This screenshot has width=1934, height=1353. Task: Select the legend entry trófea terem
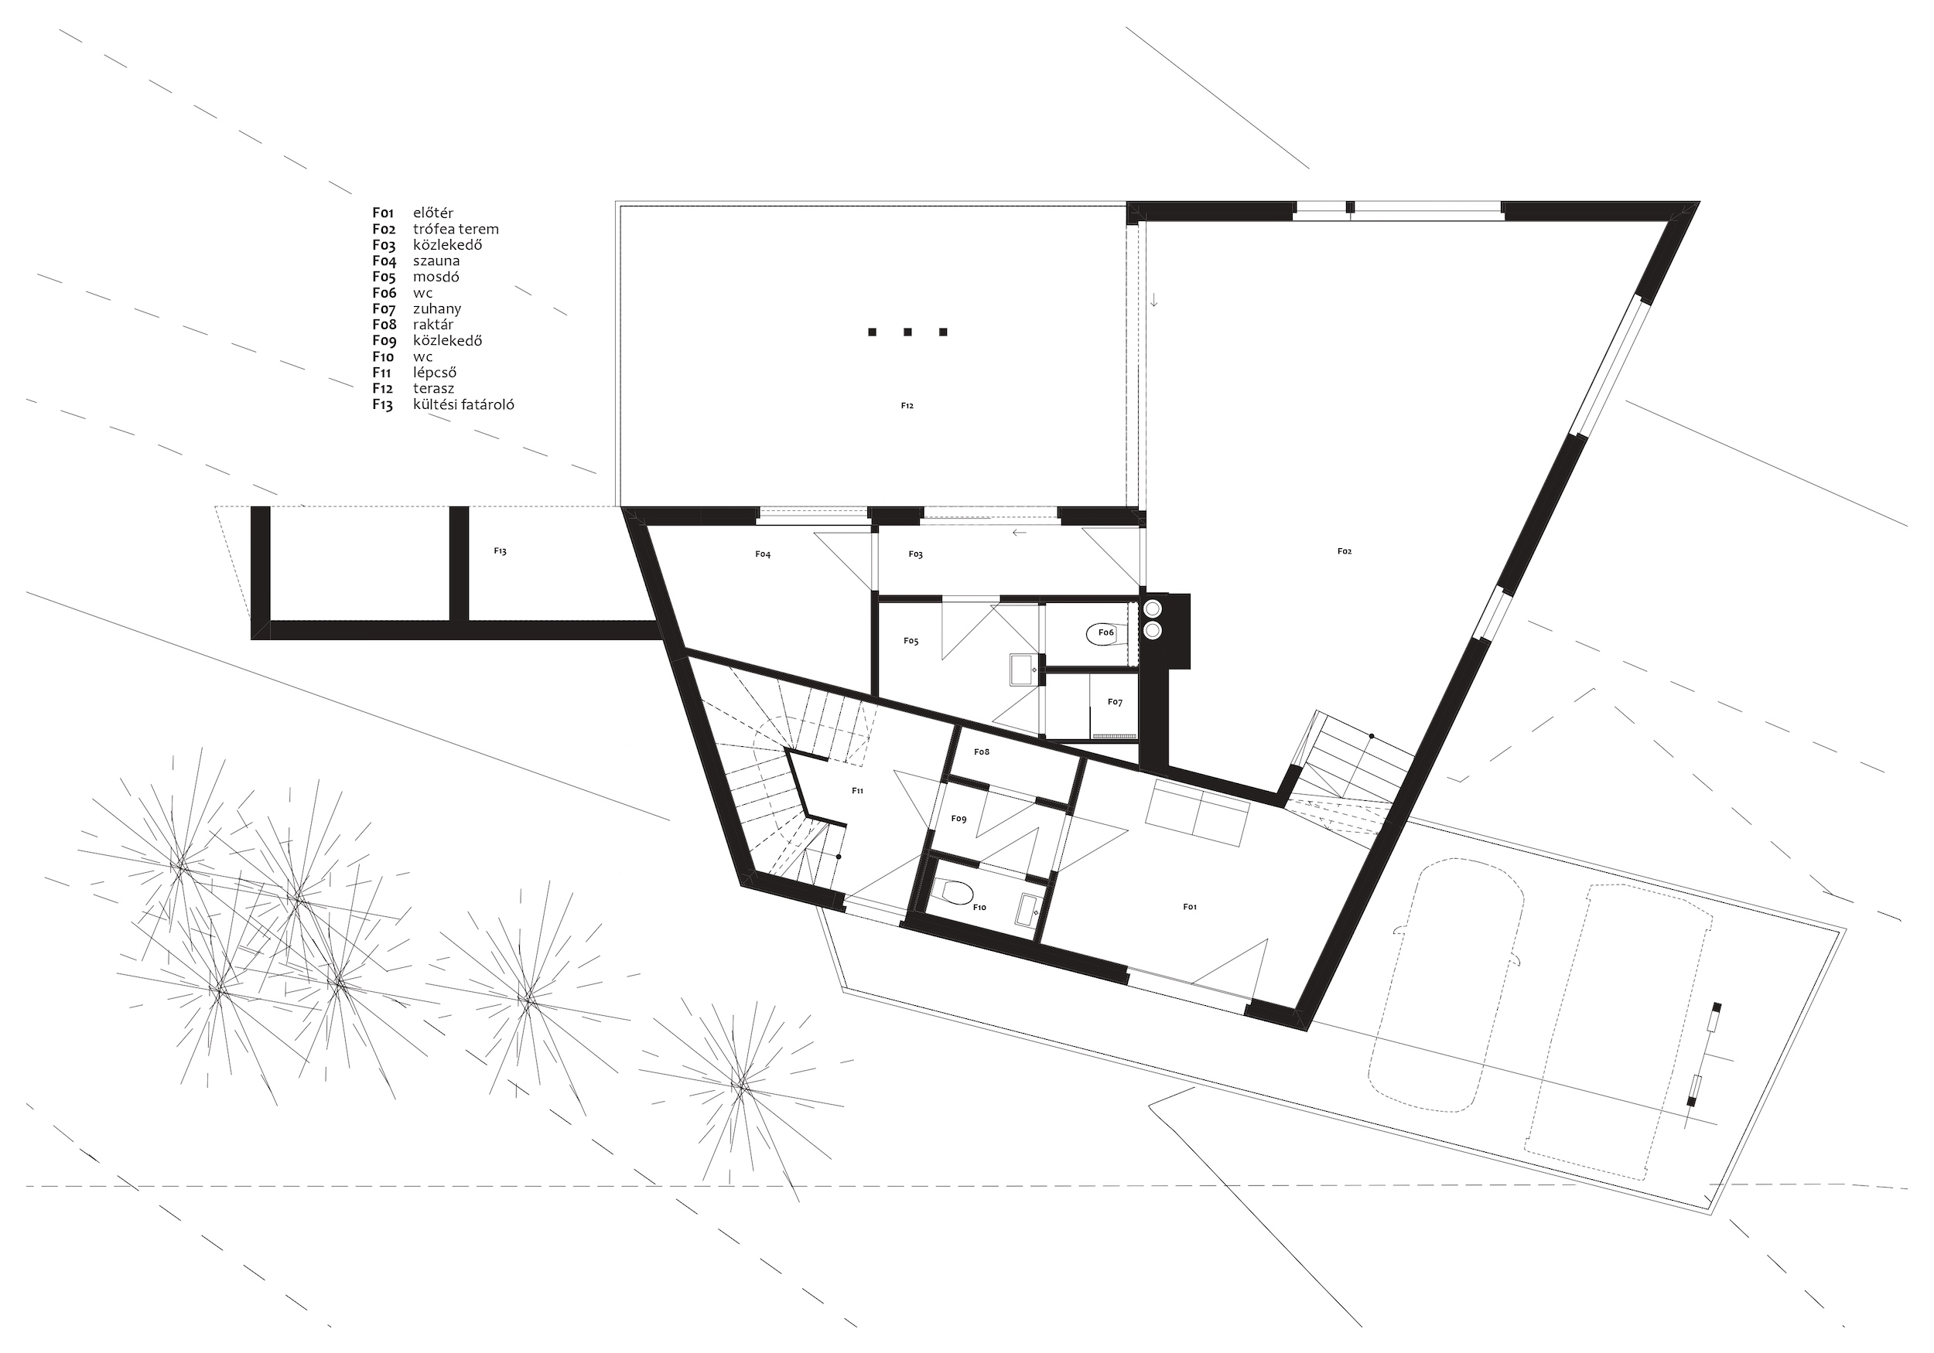(456, 229)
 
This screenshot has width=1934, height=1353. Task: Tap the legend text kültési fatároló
(463, 404)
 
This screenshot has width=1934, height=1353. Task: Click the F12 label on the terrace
(907, 406)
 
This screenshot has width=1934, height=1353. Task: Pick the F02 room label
(1345, 551)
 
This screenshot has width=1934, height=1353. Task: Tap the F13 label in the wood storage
(501, 550)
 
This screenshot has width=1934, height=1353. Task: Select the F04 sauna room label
(763, 554)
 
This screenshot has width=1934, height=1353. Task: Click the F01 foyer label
(1189, 907)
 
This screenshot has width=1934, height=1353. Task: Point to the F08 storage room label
(982, 751)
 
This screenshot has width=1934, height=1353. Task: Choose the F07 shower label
(1116, 702)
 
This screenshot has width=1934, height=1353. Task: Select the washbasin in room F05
(1025, 670)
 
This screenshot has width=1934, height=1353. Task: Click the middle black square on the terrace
(908, 332)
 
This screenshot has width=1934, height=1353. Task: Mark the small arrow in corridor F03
(1020, 533)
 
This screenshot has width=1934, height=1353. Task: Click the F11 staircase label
(857, 791)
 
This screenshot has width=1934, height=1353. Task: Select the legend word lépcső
(435, 372)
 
